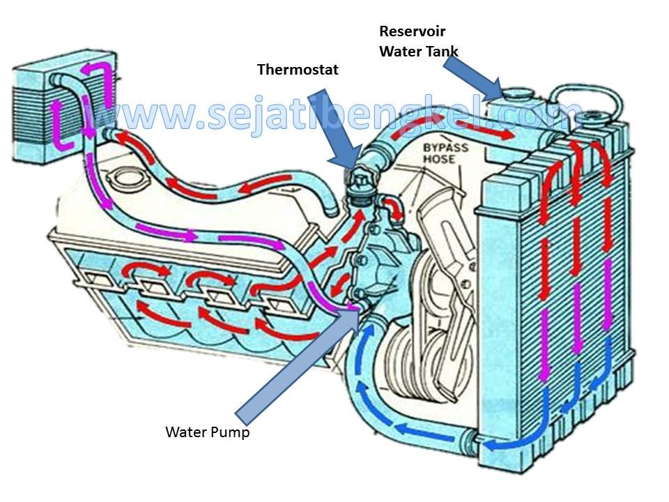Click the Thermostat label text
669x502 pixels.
point(298,70)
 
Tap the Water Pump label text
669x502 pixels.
point(207,432)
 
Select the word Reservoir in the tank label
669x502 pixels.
point(412,31)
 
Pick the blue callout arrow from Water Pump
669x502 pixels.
point(293,363)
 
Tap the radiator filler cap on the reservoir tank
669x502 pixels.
point(516,93)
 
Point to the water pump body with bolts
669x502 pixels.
point(380,265)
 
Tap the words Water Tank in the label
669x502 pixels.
point(419,51)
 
